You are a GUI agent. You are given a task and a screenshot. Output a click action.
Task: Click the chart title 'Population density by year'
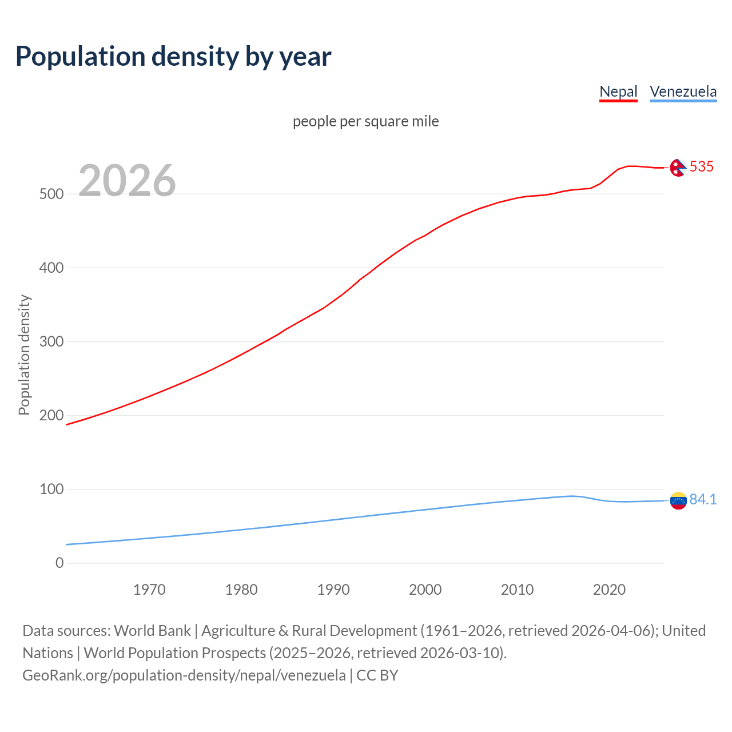point(173,56)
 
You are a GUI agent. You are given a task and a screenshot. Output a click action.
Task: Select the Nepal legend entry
point(618,91)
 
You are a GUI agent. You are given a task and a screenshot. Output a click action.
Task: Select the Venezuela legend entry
point(683,91)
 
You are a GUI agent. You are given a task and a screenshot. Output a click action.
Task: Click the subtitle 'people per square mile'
point(366,121)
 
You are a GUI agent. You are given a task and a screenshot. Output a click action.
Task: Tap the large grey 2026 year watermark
point(127,181)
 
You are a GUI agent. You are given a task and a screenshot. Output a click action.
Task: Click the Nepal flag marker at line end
point(678,168)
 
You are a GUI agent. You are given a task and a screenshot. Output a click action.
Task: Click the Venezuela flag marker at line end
point(678,500)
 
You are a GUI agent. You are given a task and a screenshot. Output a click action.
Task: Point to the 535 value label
point(702,166)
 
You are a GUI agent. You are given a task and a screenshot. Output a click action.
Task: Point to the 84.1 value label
point(703,499)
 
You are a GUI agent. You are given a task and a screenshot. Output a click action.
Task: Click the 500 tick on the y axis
point(51,194)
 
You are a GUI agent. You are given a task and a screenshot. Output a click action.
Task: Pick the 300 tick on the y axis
point(51,341)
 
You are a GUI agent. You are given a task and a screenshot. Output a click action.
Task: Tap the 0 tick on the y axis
point(59,563)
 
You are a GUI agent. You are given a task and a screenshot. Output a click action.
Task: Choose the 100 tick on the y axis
point(51,489)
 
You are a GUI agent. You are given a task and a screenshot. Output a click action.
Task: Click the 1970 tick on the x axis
point(149,590)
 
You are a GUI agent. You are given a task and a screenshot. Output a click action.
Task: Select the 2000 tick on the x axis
point(425,590)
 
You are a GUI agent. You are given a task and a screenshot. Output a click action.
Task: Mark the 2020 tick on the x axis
point(609,590)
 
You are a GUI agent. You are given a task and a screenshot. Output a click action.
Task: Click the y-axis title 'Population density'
point(24,355)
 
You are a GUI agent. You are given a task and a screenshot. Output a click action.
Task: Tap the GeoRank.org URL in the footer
point(184,675)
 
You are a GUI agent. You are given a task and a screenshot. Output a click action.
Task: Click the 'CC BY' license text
point(377,675)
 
